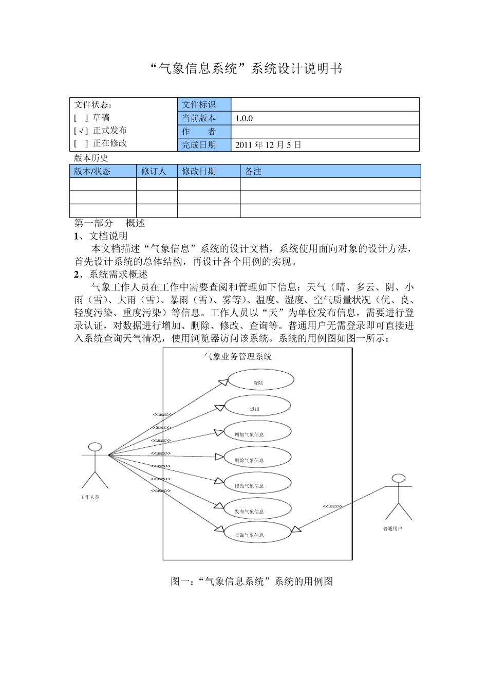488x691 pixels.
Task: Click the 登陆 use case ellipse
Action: [260, 380]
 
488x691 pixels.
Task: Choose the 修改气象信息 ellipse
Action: [257, 483]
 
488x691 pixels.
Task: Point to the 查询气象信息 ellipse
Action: [257, 533]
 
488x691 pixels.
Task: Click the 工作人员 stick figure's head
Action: [95, 447]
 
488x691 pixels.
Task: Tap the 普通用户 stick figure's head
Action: [399, 478]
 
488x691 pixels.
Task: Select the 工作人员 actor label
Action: [89, 497]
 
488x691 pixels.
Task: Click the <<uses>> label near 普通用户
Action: [332, 506]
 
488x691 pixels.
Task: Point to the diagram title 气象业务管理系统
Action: [238, 356]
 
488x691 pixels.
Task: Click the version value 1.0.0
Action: [244, 118]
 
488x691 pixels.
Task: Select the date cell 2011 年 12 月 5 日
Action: [268, 145]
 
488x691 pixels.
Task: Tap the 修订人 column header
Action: [154, 171]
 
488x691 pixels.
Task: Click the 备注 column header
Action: [253, 171]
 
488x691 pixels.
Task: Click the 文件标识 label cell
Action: [199, 105]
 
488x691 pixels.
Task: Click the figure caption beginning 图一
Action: [252, 581]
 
